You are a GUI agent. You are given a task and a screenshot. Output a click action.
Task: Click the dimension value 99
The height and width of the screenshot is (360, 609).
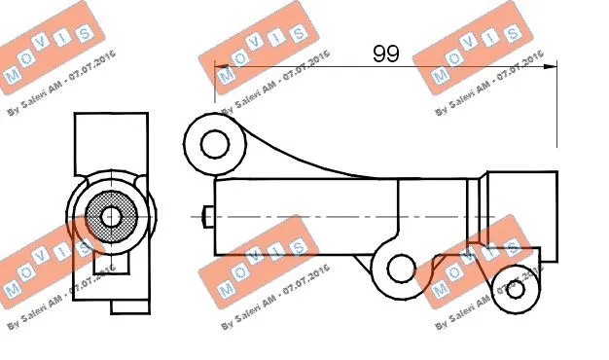pyautogui.click(x=386, y=54)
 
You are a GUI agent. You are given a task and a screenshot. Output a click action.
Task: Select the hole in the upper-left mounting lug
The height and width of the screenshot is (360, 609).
pyautogui.click(x=213, y=144)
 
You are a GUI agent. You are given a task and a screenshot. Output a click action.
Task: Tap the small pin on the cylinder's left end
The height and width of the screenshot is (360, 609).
pyautogui.click(x=207, y=218)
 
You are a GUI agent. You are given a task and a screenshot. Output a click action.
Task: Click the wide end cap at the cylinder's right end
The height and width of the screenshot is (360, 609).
pyautogui.click(x=521, y=216)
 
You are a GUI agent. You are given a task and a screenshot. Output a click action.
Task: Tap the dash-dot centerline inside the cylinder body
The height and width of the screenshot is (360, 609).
pyautogui.click(x=340, y=217)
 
